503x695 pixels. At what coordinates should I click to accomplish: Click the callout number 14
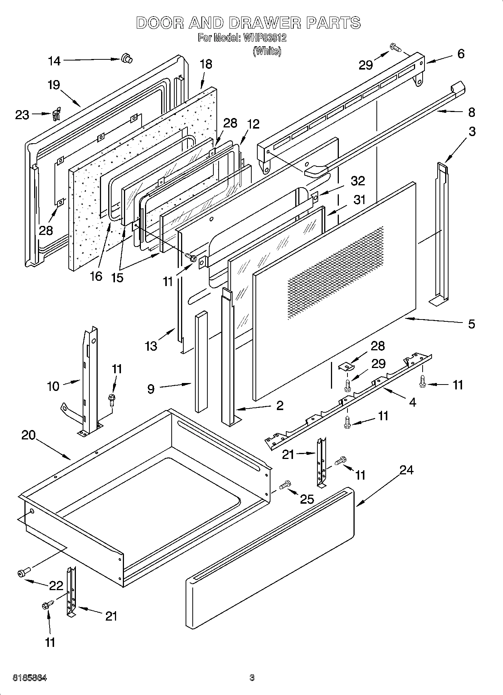pyautogui.click(x=54, y=61)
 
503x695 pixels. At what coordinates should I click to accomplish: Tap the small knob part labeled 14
pyautogui.click(x=127, y=58)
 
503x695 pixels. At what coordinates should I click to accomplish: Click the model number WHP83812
pyautogui.click(x=265, y=38)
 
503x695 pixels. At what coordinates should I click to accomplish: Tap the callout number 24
pyautogui.click(x=406, y=470)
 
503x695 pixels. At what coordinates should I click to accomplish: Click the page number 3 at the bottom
pyautogui.click(x=252, y=678)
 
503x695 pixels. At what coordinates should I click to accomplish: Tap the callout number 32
pyautogui.click(x=357, y=181)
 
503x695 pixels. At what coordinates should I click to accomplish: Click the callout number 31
pyautogui.click(x=359, y=200)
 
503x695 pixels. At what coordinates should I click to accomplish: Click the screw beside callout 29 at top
pyautogui.click(x=395, y=48)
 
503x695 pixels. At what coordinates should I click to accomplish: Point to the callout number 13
pyautogui.click(x=151, y=346)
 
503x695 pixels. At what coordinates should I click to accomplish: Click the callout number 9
pyautogui.click(x=151, y=389)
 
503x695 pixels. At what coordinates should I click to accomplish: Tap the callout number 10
pyautogui.click(x=53, y=386)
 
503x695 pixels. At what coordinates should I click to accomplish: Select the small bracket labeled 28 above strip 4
pyautogui.click(x=346, y=366)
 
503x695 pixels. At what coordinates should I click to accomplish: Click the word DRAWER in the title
pyautogui.click(x=264, y=23)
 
